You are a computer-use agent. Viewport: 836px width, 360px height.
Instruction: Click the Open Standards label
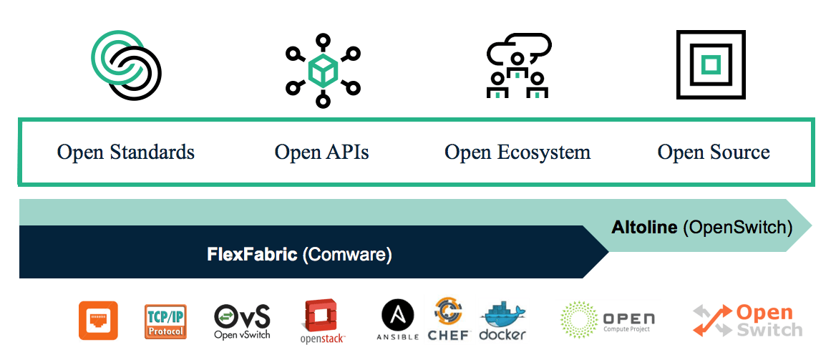click(x=125, y=152)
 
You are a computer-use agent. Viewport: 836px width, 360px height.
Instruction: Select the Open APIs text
click(x=321, y=152)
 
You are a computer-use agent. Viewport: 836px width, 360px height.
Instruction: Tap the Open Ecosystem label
click(x=517, y=152)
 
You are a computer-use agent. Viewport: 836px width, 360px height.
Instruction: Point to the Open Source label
click(x=714, y=152)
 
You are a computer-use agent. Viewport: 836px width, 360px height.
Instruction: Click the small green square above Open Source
click(x=710, y=65)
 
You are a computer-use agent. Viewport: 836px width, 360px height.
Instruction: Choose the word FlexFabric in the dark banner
click(x=252, y=254)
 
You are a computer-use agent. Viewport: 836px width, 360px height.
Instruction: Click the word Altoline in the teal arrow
click(x=644, y=228)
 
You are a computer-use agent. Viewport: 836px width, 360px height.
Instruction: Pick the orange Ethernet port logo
click(x=98, y=320)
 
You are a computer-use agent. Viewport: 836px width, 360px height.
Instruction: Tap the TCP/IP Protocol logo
click(x=165, y=321)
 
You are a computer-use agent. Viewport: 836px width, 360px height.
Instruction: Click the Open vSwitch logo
click(x=242, y=321)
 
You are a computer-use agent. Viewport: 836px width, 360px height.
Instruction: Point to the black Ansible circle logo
click(x=398, y=316)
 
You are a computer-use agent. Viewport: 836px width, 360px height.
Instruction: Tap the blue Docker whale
click(x=503, y=315)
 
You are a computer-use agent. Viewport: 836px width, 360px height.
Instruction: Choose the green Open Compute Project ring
click(x=578, y=319)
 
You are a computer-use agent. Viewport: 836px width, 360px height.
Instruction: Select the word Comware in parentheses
click(x=347, y=254)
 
